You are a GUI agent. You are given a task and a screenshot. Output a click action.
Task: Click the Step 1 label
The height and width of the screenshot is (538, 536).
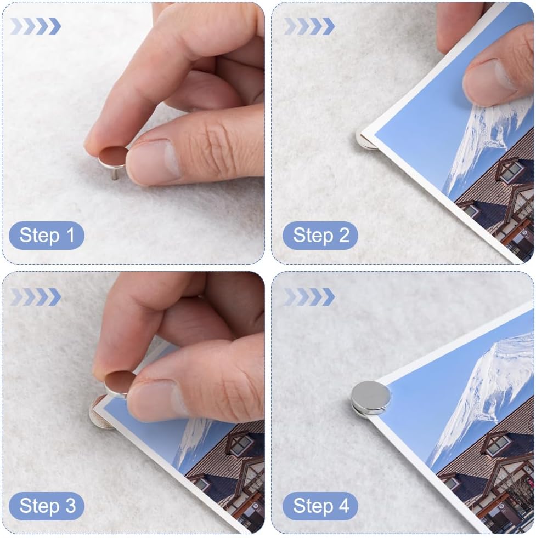[x=47, y=236]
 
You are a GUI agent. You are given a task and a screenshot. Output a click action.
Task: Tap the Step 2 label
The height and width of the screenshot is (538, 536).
[x=320, y=236]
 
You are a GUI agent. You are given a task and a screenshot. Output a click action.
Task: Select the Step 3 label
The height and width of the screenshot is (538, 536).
[x=47, y=506]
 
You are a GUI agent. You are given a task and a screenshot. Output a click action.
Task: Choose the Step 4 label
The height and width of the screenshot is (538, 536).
[x=320, y=506]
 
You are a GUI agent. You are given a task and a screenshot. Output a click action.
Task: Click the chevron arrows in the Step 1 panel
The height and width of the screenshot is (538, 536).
[x=36, y=26]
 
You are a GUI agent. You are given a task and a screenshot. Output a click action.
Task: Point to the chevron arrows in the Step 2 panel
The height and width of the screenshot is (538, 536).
[x=309, y=26]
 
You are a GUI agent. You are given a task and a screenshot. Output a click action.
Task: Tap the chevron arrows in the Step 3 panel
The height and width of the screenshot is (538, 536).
[x=36, y=297]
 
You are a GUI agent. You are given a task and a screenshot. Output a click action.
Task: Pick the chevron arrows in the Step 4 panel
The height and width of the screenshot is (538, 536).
[x=309, y=297]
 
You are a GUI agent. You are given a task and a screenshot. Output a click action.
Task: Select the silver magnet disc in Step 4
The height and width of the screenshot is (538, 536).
[x=371, y=397]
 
